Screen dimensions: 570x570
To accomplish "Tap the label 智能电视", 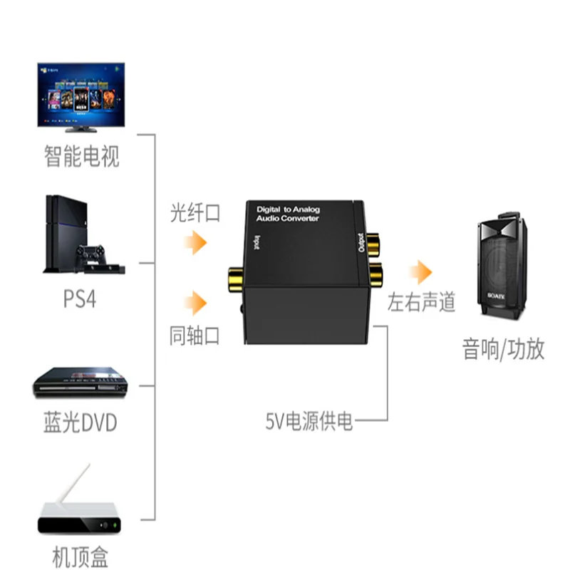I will (x=82, y=156).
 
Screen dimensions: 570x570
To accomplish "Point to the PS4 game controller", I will (x=91, y=254).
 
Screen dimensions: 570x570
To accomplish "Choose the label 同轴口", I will (x=195, y=335).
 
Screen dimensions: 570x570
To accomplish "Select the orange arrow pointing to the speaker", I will (x=420, y=271).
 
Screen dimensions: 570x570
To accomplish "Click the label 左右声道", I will (x=421, y=303).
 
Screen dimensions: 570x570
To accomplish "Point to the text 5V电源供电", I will (x=309, y=422).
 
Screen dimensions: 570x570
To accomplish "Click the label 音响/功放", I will (x=503, y=350).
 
